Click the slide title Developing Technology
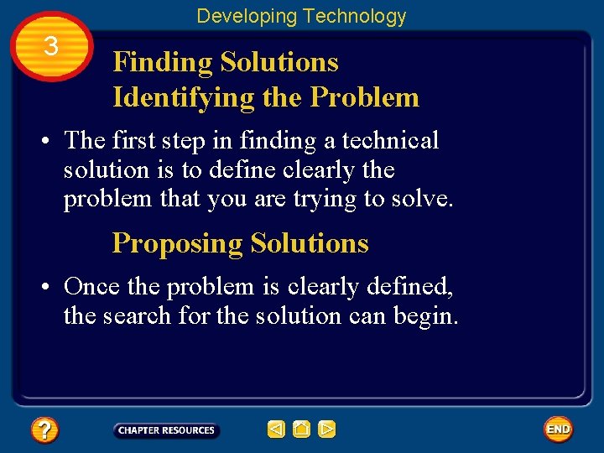[x=301, y=16]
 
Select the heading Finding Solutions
[x=226, y=62]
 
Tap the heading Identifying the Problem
[x=266, y=97]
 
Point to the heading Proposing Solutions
[x=240, y=243]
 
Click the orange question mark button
[x=44, y=430]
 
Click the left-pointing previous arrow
[x=276, y=430]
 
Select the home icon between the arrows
[x=302, y=430]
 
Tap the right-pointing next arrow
[x=327, y=430]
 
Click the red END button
[x=558, y=430]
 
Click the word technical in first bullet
[x=390, y=140]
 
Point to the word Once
[x=91, y=287]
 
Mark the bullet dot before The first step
[x=50, y=141]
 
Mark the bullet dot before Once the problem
[x=50, y=288]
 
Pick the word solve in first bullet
[x=424, y=200]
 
